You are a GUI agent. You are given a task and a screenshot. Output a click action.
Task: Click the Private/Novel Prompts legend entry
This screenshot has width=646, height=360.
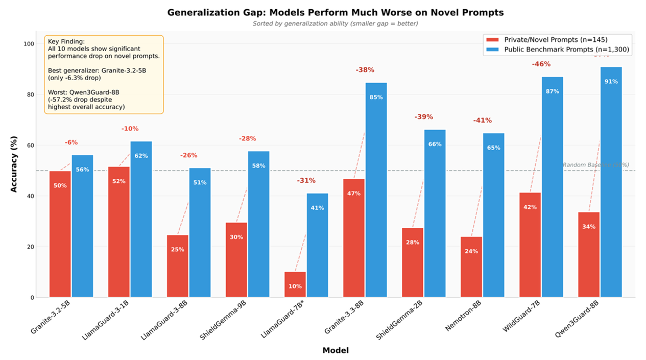tap(547, 40)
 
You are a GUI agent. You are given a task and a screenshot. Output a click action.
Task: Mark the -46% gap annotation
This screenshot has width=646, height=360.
tap(541, 64)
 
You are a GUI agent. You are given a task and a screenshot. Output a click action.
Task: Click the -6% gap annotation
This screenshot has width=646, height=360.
tap(71, 142)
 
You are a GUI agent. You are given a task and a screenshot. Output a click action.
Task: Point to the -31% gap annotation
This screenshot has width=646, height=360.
tap(306, 180)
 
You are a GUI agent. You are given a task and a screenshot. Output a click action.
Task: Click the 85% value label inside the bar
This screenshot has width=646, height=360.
tap(376, 97)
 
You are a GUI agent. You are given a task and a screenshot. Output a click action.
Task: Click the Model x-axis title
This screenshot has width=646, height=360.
tap(336, 350)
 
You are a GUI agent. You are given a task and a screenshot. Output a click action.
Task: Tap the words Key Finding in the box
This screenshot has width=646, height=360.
tap(66, 41)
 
